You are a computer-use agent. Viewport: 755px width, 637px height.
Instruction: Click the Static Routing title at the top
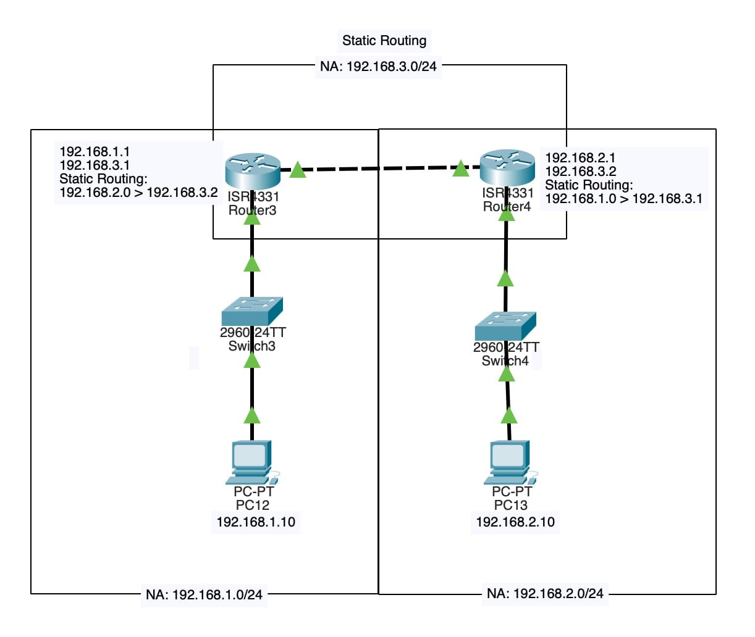(x=384, y=41)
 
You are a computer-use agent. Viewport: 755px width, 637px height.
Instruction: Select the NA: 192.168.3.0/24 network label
(x=378, y=67)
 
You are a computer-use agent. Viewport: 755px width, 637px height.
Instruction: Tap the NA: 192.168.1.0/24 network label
(x=204, y=595)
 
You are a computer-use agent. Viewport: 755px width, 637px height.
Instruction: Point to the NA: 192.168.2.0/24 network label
(x=545, y=594)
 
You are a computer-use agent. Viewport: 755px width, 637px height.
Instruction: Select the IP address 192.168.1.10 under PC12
(x=256, y=522)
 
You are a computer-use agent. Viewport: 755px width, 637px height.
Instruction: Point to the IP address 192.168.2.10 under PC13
(x=515, y=522)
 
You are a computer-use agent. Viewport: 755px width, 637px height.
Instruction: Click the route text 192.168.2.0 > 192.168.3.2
(x=138, y=193)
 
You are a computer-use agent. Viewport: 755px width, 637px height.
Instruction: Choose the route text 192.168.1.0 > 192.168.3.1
(x=623, y=199)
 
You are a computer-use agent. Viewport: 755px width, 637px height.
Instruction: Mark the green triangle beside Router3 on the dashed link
(x=298, y=170)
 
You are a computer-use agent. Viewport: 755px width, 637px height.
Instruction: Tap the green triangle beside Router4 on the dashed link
(x=460, y=168)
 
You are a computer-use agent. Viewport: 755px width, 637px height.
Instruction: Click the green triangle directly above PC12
(x=252, y=415)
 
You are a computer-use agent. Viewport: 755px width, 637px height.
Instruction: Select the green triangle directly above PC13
(x=508, y=415)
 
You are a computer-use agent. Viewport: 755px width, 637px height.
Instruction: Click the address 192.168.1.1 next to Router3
(x=95, y=151)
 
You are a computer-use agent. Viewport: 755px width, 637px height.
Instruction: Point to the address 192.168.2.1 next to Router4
(x=580, y=158)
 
